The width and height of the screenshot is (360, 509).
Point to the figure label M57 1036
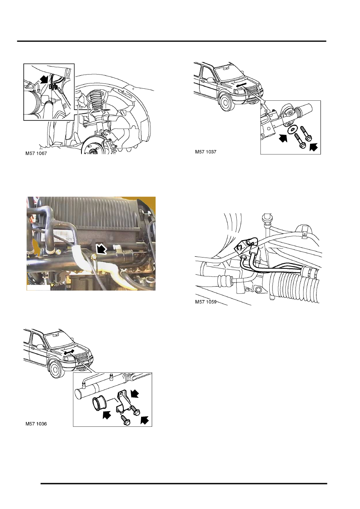36,424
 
